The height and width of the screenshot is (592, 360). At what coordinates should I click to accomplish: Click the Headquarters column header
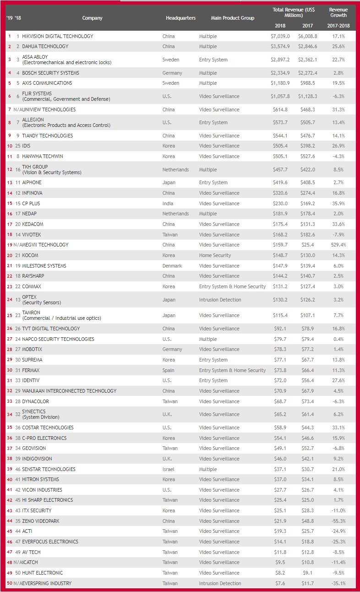click(180, 18)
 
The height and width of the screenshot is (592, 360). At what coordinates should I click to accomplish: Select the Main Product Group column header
click(232, 18)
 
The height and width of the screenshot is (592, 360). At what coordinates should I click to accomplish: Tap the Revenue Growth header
click(338, 12)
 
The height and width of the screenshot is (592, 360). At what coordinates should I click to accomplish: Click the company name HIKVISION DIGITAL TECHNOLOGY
click(57, 36)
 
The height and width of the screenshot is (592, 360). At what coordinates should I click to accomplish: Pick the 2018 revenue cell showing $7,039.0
click(280, 36)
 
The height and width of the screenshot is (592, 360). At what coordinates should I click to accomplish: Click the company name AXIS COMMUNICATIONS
click(47, 83)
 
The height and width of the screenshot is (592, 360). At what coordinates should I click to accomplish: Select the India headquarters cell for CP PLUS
click(168, 203)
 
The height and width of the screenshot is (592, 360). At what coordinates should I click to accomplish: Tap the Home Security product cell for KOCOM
click(215, 255)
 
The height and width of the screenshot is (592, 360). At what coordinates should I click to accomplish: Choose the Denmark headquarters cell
click(172, 266)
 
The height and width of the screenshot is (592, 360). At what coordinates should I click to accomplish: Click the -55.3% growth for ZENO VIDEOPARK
click(338, 521)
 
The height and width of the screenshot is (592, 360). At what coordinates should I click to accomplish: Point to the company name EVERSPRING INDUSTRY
click(47, 583)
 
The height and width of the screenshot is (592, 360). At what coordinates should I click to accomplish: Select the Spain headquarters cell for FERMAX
click(169, 370)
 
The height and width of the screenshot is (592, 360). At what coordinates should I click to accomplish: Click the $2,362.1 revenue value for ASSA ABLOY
click(308, 60)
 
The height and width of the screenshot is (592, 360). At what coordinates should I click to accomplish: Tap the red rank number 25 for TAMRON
click(10, 315)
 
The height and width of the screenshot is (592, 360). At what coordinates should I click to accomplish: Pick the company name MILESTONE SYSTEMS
click(44, 266)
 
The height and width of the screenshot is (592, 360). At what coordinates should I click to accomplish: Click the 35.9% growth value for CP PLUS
click(338, 203)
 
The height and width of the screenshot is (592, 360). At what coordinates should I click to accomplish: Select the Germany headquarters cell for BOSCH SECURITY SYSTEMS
click(172, 73)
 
